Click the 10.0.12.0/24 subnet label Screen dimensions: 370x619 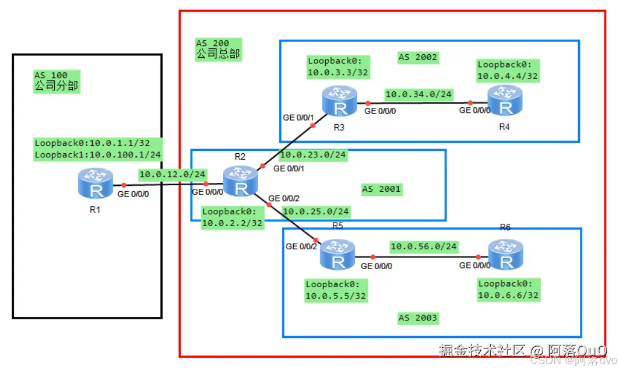(172, 174)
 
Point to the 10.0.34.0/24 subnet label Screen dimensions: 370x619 (418, 94)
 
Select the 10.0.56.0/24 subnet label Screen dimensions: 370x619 (423, 246)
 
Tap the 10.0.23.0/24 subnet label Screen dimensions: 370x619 (313, 155)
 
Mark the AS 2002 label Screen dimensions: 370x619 (417, 57)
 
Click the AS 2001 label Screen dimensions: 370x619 (382, 189)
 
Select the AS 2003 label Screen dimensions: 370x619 (418, 318)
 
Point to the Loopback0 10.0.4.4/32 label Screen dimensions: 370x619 (507, 70)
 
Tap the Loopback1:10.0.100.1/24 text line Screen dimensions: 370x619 (97, 154)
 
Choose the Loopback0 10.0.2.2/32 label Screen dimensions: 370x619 (231, 217)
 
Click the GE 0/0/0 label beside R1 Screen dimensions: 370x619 (132, 195)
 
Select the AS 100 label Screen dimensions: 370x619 (51, 75)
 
